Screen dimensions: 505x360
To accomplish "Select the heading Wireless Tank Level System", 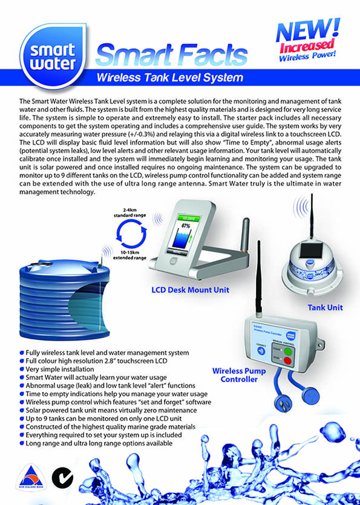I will coord(170,77).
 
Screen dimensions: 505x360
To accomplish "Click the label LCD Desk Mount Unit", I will coord(191,290).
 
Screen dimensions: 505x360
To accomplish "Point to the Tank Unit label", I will coord(325,307).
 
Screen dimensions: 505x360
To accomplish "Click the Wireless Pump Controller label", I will coord(235,374).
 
